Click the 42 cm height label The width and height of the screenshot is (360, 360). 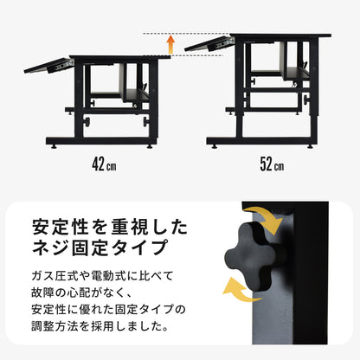click(x=104, y=164)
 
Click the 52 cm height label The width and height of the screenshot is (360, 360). click(x=272, y=164)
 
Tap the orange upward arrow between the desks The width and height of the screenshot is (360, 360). click(x=170, y=44)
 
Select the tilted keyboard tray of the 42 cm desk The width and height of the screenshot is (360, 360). click(x=48, y=66)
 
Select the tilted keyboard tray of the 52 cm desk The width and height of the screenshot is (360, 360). click(x=209, y=43)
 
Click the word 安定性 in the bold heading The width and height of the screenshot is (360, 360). click(x=60, y=227)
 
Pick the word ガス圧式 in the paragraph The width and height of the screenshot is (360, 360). click(x=55, y=276)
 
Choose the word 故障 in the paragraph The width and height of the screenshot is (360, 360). click(x=42, y=292)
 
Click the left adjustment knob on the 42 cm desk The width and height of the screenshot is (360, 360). click(x=87, y=121)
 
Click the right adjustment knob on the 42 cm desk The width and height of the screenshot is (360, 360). click(x=146, y=121)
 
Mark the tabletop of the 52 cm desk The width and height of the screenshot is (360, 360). click(x=280, y=35)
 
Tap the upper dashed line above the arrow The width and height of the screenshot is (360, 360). click(x=186, y=34)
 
